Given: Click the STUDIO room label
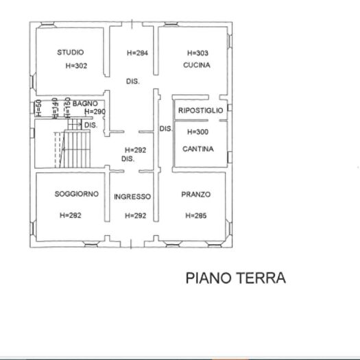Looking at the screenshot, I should point(71,52).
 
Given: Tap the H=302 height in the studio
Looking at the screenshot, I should point(77,67).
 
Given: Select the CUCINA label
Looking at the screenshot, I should point(196,65).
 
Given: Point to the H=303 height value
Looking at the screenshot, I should point(197,53).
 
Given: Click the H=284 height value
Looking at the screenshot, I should point(138,53).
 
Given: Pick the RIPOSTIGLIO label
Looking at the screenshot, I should point(200,110).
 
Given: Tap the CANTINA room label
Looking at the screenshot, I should point(198,149).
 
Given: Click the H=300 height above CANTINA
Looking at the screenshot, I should point(197,132).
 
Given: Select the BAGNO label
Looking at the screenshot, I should point(94,104).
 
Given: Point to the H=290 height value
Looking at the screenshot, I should point(95,112).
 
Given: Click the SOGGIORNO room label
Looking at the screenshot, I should point(77,194).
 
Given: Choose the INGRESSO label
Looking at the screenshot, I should point(132,197).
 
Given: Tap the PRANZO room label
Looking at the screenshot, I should point(196,194).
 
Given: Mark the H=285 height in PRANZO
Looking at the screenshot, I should point(195,215).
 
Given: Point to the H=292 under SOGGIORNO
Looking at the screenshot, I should point(71,215).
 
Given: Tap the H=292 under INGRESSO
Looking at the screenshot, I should point(136,215).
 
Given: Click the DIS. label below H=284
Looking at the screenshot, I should point(132,81).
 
